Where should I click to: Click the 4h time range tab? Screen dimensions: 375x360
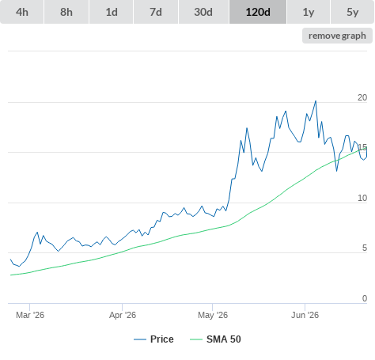[x=22, y=12]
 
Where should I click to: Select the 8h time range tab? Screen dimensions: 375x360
[x=66, y=12]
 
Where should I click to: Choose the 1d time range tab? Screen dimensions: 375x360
[x=112, y=12]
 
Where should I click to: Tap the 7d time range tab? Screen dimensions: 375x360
[x=156, y=12]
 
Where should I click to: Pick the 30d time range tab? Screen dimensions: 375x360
[x=203, y=12]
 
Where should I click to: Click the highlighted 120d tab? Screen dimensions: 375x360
[x=258, y=12]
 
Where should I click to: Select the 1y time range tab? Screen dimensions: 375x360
[x=309, y=12]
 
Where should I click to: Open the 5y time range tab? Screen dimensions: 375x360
[x=353, y=12]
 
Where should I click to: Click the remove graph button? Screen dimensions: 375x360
[x=337, y=36]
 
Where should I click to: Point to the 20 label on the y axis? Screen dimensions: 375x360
[x=362, y=97]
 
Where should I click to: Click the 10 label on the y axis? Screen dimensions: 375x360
[x=362, y=198]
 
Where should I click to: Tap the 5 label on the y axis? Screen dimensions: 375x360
[x=365, y=248]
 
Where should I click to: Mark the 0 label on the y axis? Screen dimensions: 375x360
[x=365, y=298]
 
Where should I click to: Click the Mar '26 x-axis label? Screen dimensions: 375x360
[x=30, y=315]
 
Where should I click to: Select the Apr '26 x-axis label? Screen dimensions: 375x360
[x=123, y=315]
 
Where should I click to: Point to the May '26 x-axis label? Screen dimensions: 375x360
[x=213, y=315]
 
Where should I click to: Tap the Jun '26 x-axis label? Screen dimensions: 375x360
[x=305, y=315]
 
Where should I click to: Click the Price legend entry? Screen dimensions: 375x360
[x=153, y=339]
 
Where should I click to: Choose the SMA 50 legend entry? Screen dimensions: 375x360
[x=215, y=339]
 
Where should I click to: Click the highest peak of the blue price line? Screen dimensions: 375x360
[x=316, y=101]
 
